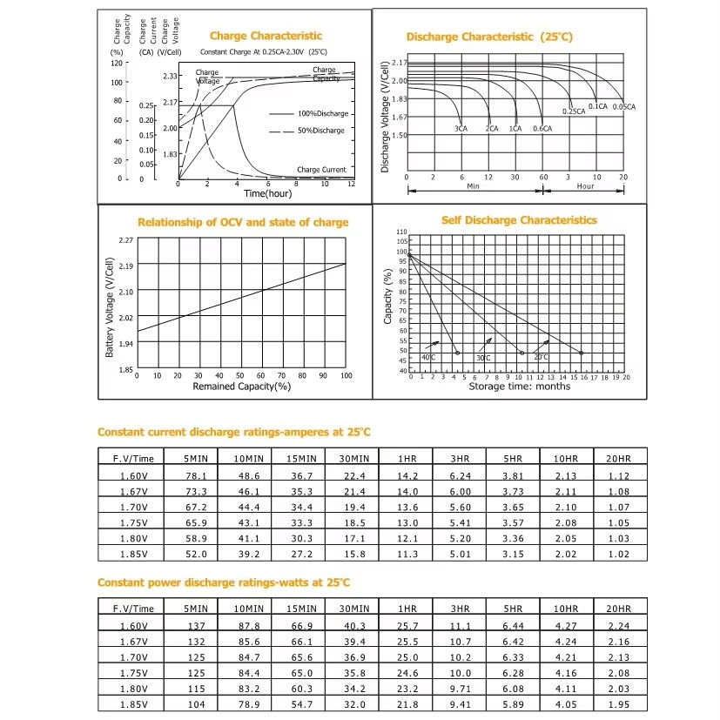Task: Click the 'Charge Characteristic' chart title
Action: tap(266, 36)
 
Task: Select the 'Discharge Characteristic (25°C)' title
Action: tap(489, 37)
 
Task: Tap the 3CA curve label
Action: tap(461, 128)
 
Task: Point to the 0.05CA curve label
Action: tap(624, 106)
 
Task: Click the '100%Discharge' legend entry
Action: tap(322, 114)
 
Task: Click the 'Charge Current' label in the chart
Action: tap(321, 170)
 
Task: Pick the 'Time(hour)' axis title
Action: tap(267, 193)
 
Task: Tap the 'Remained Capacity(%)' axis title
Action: tap(241, 386)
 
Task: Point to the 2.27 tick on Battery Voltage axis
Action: tap(125, 239)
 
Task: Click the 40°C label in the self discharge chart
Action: tap(429, 358)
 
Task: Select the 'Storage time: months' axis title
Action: tap(520, 386)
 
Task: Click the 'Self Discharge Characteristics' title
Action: tap(519, 220)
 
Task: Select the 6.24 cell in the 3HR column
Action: tap(461, 476)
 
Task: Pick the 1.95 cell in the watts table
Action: tap(620, 704)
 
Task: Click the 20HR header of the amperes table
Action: tap(620, 458)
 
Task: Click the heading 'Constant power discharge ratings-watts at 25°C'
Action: tap(223, 582)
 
